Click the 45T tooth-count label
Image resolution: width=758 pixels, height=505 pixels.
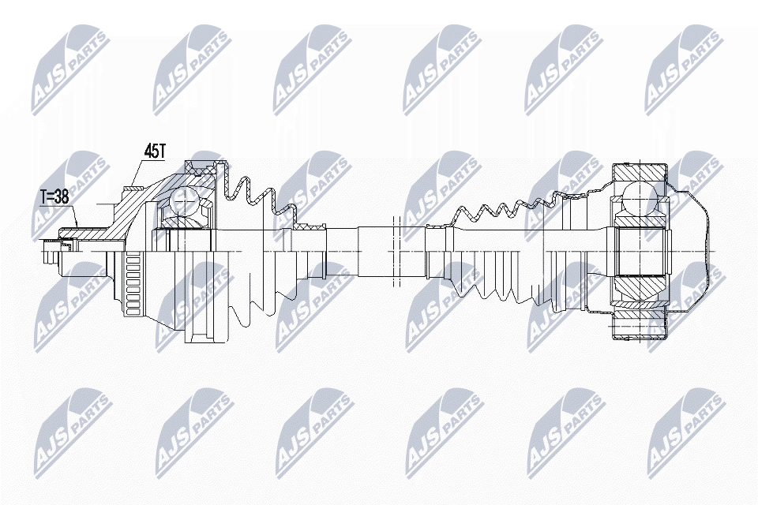156,150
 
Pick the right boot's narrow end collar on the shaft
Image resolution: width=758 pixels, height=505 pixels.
437,229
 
